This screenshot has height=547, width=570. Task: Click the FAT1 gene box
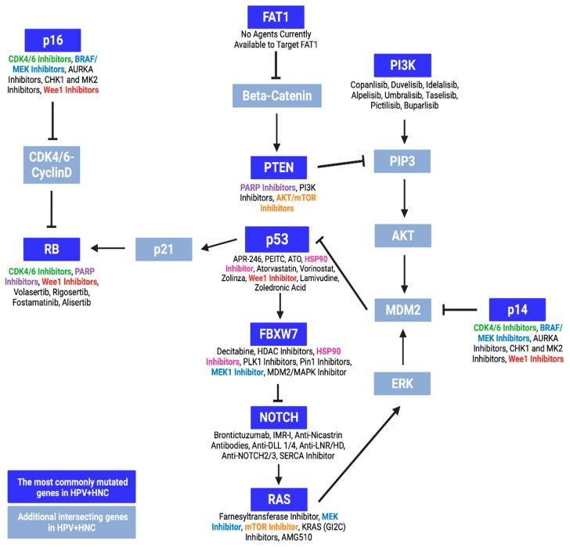(x=274, y=16)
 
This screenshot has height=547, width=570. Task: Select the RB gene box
(x=52, y=249)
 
